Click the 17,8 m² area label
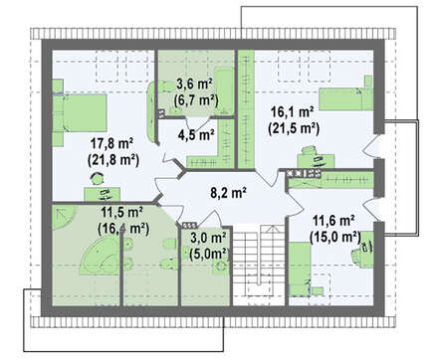[x=111, y=144]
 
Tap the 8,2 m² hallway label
[x=228, y=193]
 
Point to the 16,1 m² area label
[x=293, y=111]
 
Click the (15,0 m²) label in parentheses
[x=335, y=237]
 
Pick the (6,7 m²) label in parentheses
[x=196, y=99]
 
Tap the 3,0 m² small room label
[x=208, y=238]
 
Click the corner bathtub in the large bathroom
[x=99, y=258]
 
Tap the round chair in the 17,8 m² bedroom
[x=98, y=179]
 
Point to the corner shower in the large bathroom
[x=64, y=217]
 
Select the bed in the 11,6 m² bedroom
[x=300, y=270]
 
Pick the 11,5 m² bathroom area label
[x=121, y=212]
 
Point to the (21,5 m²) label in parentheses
[x=294, y=128]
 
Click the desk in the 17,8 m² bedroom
[x=102, y=194]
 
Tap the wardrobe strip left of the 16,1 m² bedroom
[x=246, y=109]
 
